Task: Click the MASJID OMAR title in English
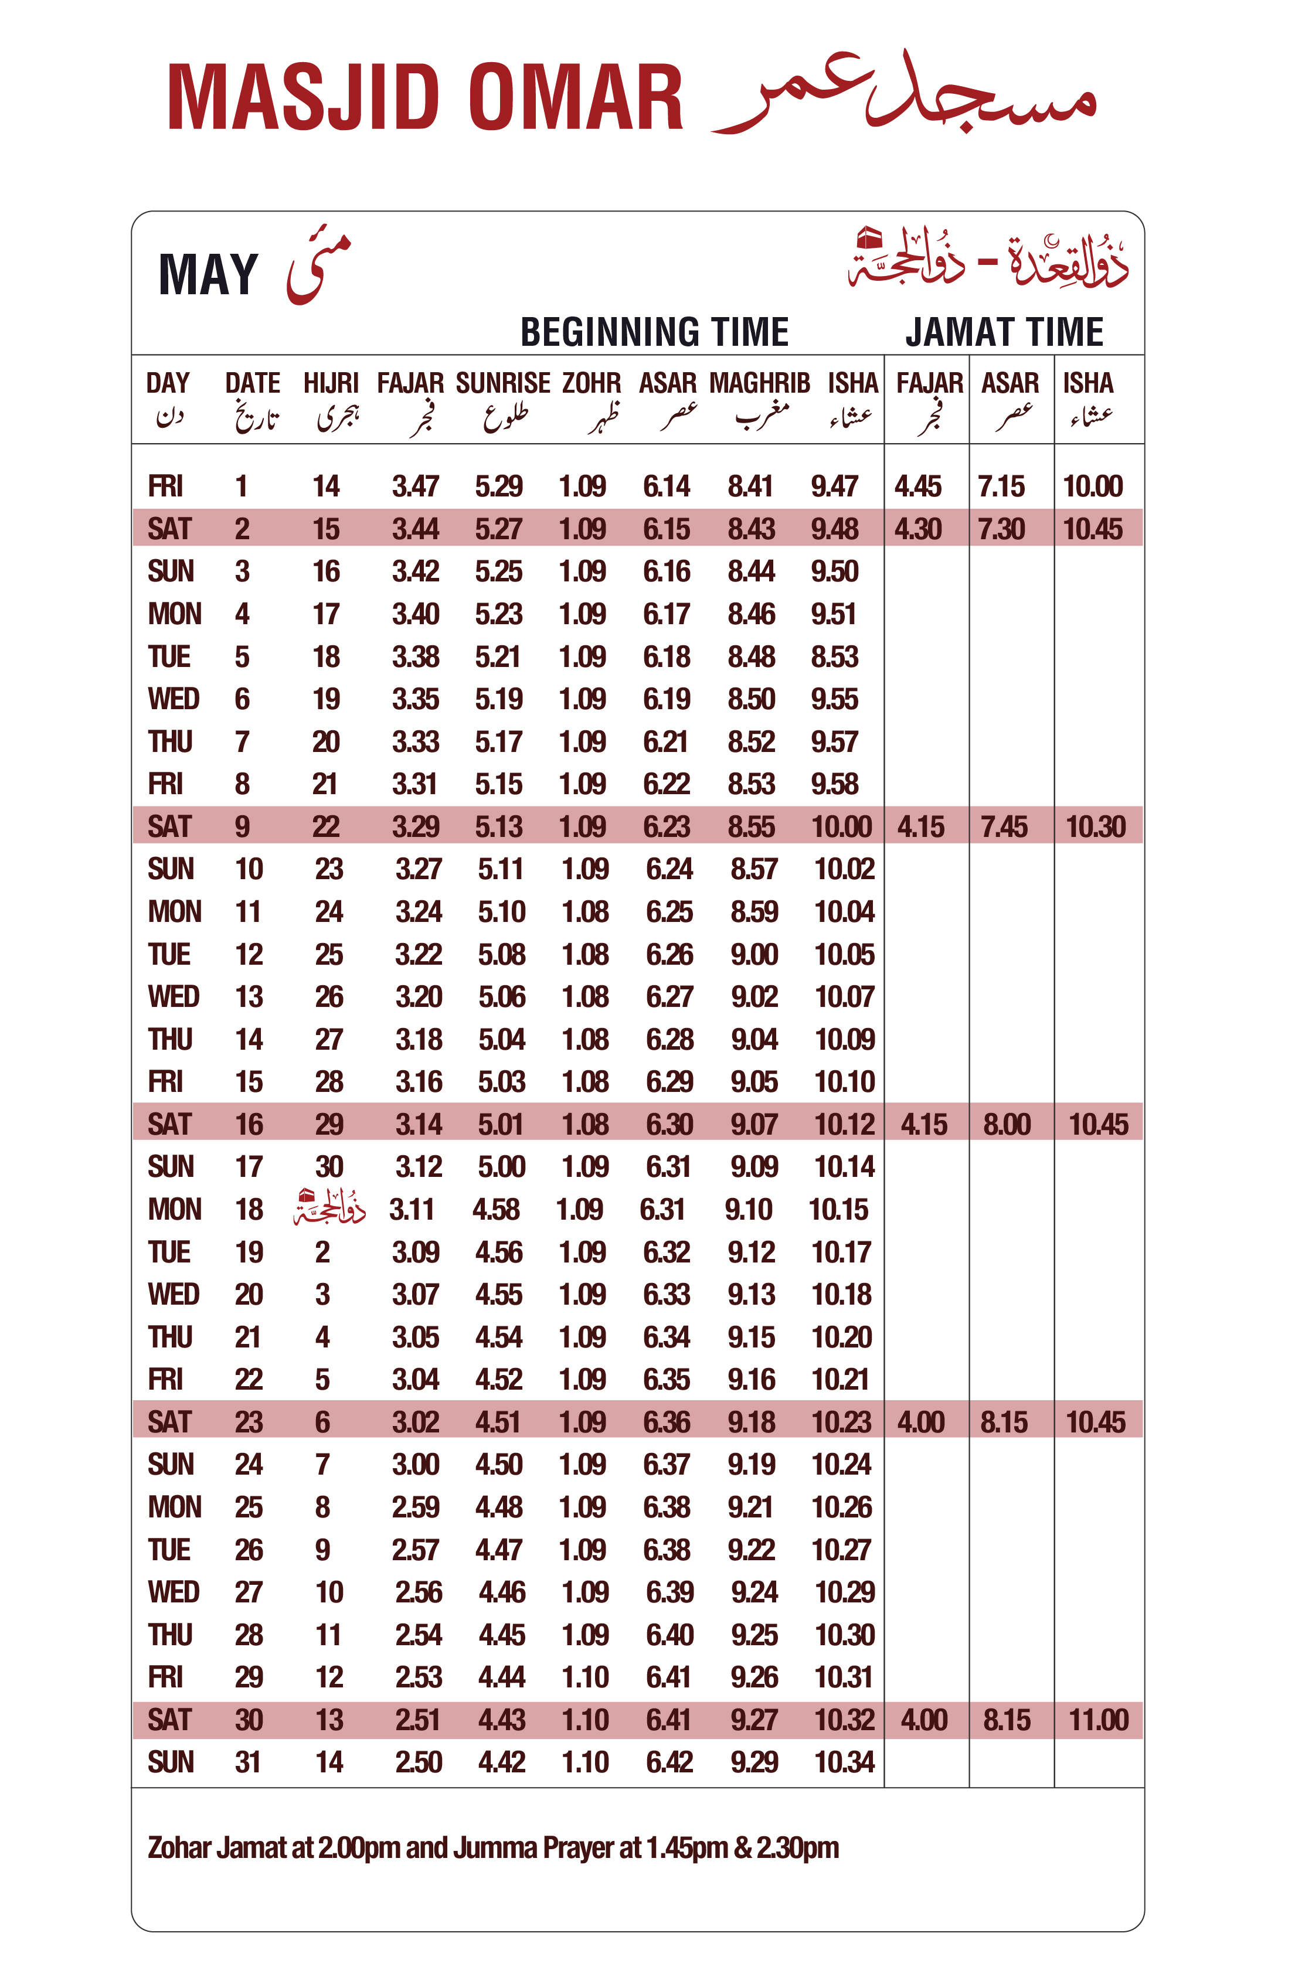425,98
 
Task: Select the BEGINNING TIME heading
654,332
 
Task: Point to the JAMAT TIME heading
1004,332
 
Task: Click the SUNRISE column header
503,384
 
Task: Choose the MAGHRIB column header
760,384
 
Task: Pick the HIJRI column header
331,384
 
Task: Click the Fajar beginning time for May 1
416,486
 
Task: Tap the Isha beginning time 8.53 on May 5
834,656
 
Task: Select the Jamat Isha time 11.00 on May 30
1099,1720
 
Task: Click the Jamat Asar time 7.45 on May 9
1004,827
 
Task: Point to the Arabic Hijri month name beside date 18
329,1208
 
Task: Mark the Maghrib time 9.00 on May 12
754,954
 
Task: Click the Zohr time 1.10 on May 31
585,1762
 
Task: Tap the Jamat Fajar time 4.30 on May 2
918,529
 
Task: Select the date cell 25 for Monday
249,1507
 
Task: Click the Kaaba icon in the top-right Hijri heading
869,239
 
